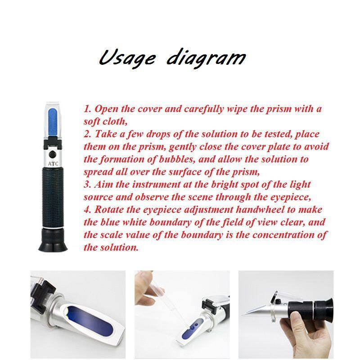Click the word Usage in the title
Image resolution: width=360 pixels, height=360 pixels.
click(127, 58)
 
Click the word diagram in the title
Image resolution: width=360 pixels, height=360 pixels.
click(206, 58)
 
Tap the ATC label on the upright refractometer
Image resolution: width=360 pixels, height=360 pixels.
click(53, 164)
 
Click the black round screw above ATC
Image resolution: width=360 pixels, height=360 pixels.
click(53, 154)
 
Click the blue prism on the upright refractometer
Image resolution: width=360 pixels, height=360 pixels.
click(53, 121)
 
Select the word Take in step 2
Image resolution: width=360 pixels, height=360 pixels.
click(106, 134)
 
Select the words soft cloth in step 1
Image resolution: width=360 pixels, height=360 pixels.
click(105, 121)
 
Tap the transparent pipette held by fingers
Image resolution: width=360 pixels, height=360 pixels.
click(171, 302)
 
